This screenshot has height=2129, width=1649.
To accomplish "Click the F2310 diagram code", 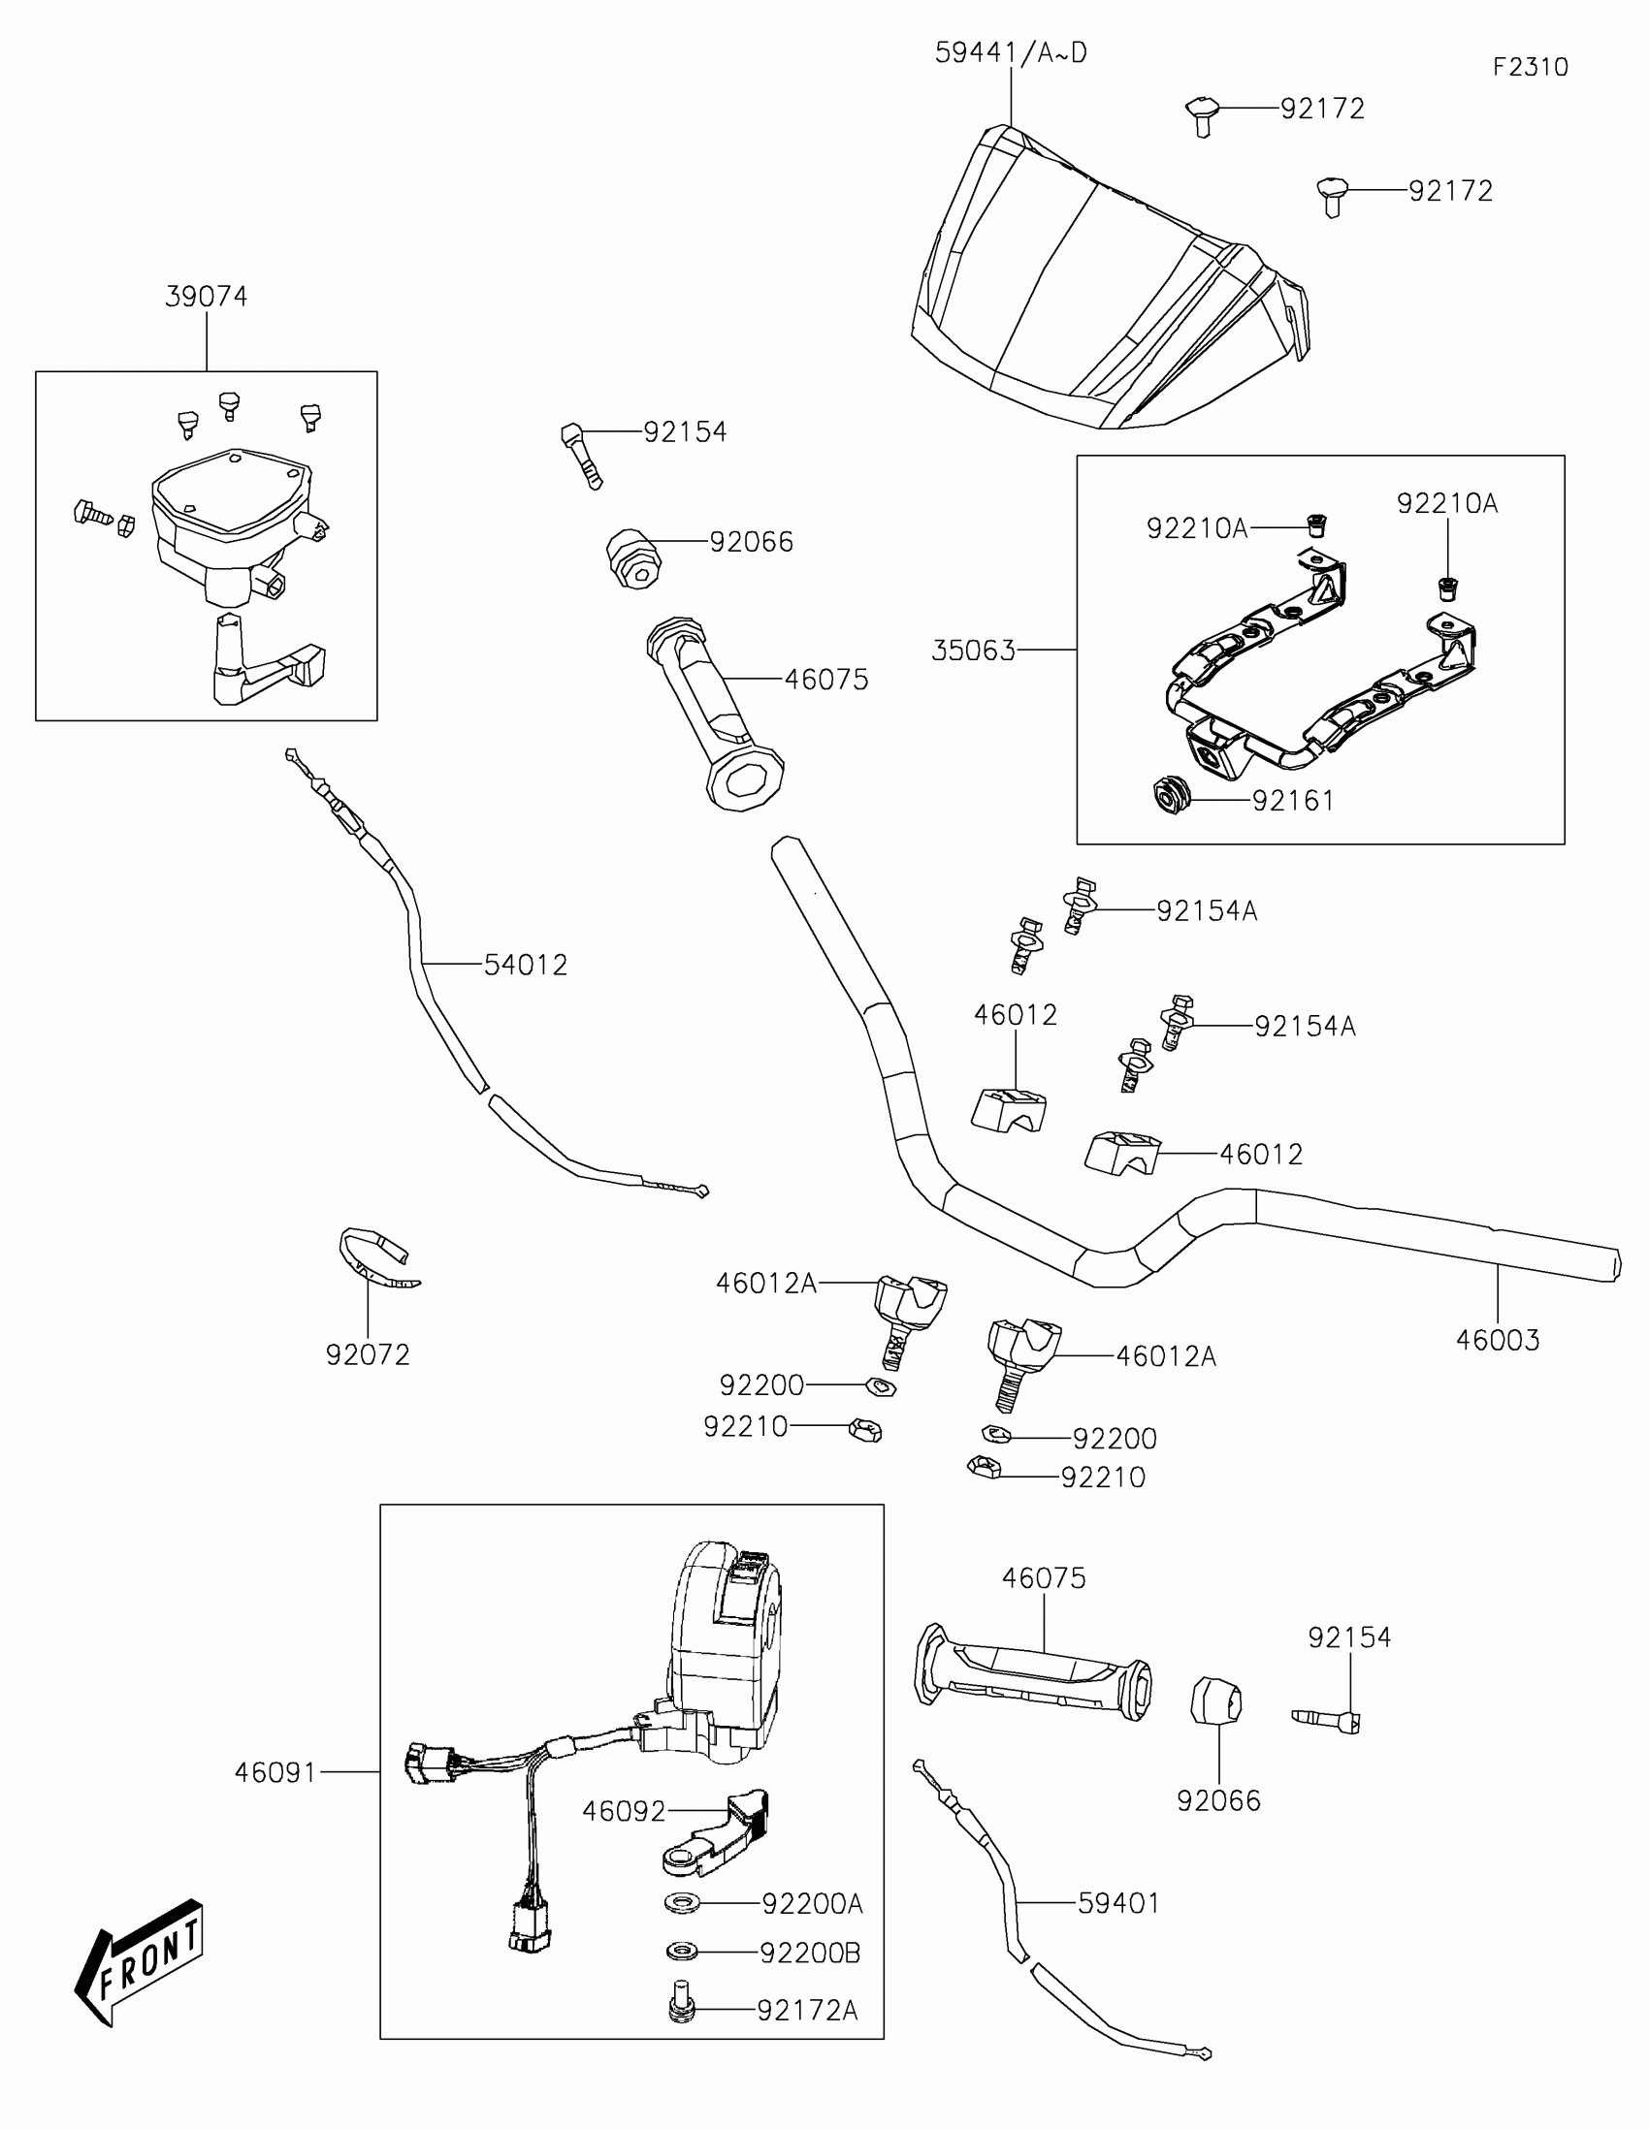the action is (x=1530, y=67).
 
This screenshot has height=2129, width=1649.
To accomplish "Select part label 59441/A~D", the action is (x=1011, y=52).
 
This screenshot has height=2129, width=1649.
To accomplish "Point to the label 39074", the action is (x=206, y=297).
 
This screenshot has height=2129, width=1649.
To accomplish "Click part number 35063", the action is (x=973, y=651).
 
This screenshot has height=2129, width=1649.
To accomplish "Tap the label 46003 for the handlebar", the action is (x=1498, y=1341).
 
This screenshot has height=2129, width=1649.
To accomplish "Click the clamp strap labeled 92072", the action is (x=375, y=1256).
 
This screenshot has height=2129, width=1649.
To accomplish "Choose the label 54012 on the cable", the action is (x=526, y=965).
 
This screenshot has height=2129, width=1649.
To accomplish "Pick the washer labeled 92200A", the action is (x=682, y=1903).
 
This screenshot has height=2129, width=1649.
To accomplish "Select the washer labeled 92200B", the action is (x=682, y=1953).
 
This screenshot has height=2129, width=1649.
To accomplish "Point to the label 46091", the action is (x=276, y=1773).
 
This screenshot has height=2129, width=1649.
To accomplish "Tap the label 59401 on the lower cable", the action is (x=1118, y=1903).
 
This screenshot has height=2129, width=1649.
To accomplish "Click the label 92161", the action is (x=1293, y=801).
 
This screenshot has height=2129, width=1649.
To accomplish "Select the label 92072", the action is (x=368, y=1355).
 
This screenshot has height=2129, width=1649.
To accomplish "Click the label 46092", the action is (x=624, y=1811).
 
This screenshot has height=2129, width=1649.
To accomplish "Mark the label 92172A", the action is (x=807, y=2010).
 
